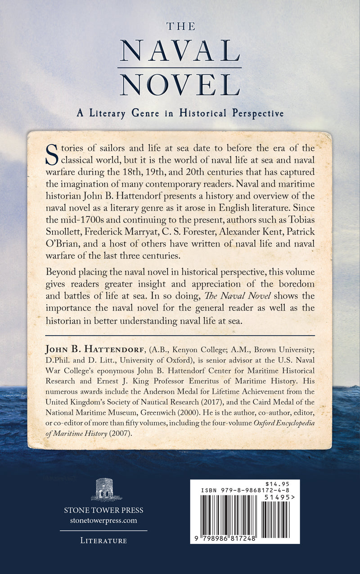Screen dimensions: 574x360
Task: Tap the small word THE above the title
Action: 180,26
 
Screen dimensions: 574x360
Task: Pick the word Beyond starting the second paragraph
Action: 61,274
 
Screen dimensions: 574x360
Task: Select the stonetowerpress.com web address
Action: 103,520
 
